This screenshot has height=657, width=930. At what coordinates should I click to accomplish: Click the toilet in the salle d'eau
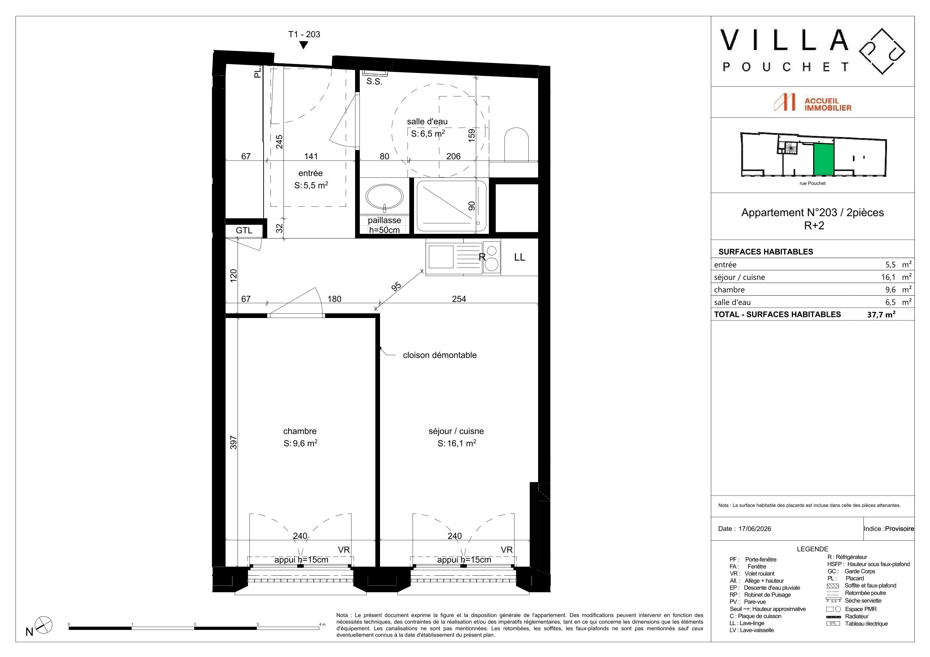(x=516, y=145)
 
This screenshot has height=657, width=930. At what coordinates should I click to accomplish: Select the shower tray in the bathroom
(x=452, y=206)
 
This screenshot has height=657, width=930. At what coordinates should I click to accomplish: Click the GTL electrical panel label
(x=244, y=230)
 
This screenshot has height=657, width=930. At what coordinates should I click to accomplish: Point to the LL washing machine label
(x=520, y=257)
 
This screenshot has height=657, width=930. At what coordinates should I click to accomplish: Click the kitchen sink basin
(x=441, y=257)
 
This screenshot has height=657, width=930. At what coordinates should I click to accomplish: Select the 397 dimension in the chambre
(x=233, y=442)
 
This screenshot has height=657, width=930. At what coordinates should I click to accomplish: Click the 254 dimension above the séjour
(x=459, y=299)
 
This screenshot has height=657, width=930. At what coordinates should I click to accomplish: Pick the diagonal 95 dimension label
(x=397, y=287)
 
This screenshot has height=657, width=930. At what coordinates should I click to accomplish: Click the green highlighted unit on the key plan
(x=823, y=159)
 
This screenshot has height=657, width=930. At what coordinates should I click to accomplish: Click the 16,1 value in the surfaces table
(x=884, y=277)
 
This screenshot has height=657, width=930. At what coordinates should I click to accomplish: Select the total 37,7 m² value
(x=881, y=314)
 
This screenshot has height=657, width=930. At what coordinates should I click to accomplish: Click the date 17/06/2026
(x=755, y=529)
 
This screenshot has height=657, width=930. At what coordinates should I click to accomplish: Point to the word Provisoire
(x=899, y=529)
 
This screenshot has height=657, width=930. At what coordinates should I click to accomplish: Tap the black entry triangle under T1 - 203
(x=303, y=45)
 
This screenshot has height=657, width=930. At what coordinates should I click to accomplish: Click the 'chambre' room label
(x=300, y=431)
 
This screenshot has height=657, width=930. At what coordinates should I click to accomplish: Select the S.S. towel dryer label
(x=374, y=81)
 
